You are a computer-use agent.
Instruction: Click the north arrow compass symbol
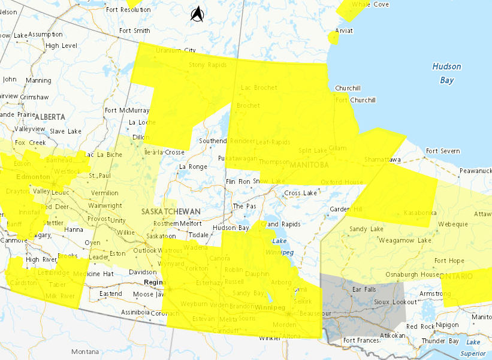tap(197, 13)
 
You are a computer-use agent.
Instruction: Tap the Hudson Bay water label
tap(447, 73)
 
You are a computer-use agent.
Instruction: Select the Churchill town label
tap(348, 88)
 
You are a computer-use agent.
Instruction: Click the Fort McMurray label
tap(126, 110)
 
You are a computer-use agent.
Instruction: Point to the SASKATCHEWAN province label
tap(171, 212)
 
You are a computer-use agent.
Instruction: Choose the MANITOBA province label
tap(309, 165)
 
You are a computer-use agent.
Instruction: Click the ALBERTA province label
tap(53, 116)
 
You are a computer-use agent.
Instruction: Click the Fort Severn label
tap(442, 151)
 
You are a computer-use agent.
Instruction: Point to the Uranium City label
tap(176, 50)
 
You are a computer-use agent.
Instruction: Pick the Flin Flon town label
tap(238, 181)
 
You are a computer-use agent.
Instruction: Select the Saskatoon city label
tap(161, 237)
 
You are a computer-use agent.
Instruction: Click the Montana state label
tap(84, 352)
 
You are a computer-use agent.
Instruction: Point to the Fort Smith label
tap(134, 31)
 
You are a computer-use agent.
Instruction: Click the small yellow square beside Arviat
tap(333, 38)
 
